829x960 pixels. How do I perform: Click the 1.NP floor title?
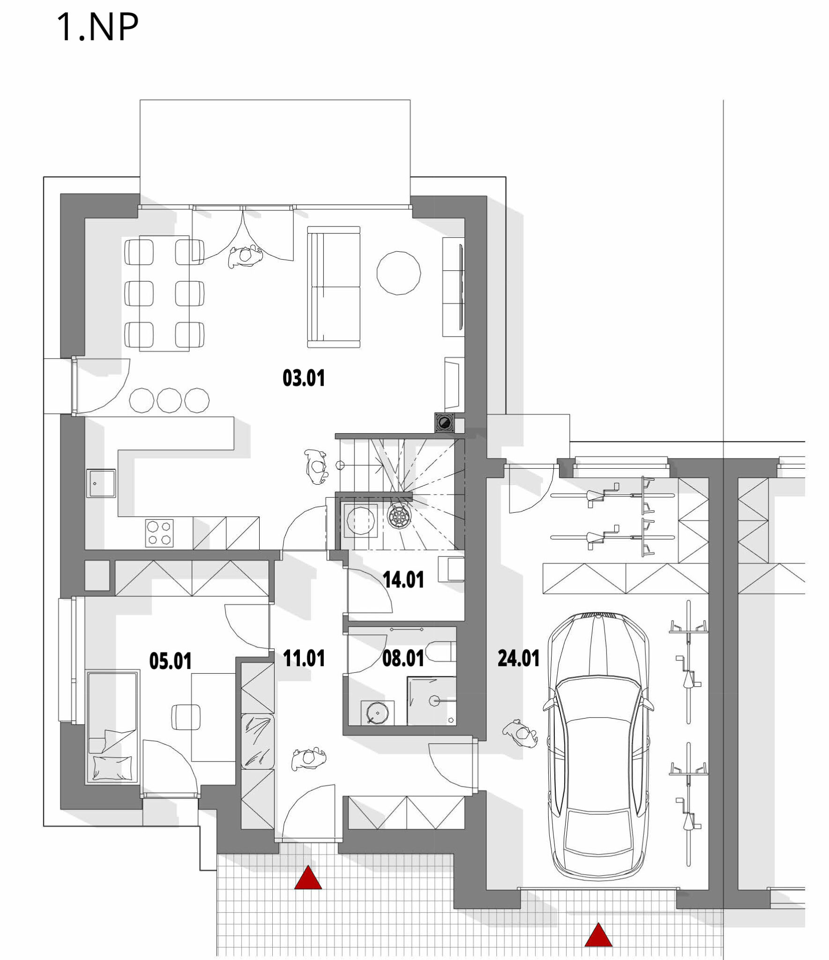click(97, 28)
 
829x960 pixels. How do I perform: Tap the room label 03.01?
click(304, 378)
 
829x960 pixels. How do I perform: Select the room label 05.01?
click(170, 661)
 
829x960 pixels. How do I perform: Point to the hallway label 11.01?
click(304, 659)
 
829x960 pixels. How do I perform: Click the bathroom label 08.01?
click(403, 659)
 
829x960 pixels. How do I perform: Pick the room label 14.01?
click(403, 580)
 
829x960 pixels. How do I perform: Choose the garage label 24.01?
click(518, 659)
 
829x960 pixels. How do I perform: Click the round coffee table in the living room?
click(399, 272)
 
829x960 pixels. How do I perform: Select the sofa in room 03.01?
click(334, 287)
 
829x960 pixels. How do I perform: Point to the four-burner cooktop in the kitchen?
click(159, 533)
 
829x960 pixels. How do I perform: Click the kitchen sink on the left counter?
click(100, 483)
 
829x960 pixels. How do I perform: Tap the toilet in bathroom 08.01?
click(442, 651)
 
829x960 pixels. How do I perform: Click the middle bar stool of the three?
click(169, 400)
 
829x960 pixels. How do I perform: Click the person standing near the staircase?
click(315, 466)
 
